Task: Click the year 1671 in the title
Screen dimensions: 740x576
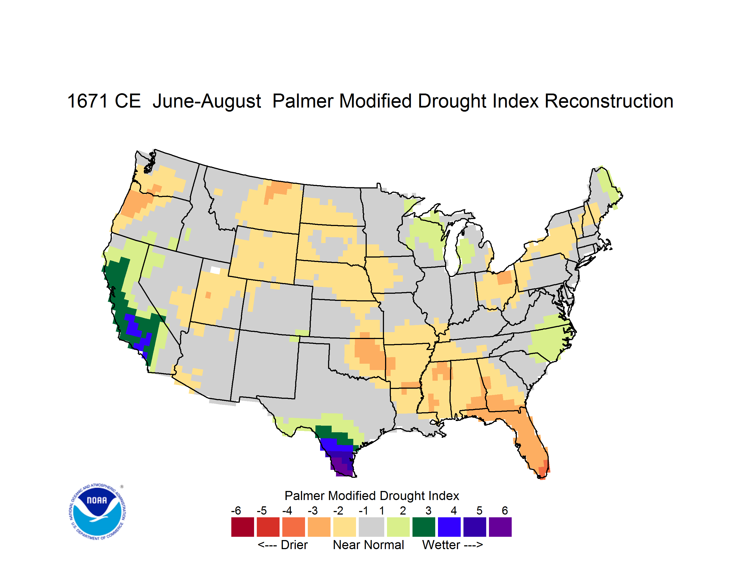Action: (88, 101)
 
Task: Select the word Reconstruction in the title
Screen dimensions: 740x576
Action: (609, 101)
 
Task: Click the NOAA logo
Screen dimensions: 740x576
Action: (97, 512)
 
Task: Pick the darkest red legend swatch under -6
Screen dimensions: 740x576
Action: (243, 527)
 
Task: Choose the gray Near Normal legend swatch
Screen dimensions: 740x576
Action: (371, 527)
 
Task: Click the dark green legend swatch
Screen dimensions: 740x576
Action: (423, 527)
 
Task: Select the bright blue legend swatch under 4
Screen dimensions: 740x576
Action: (449, 527)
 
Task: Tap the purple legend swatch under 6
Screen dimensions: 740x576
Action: (500, 527)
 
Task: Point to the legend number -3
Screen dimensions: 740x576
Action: (313, 510)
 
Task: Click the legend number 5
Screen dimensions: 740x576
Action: (479, 510)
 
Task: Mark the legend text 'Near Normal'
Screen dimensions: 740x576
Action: (368, 545)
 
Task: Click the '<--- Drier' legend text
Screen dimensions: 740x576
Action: (283, 545)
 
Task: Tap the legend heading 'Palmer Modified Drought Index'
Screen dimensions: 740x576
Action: (372, 496)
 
